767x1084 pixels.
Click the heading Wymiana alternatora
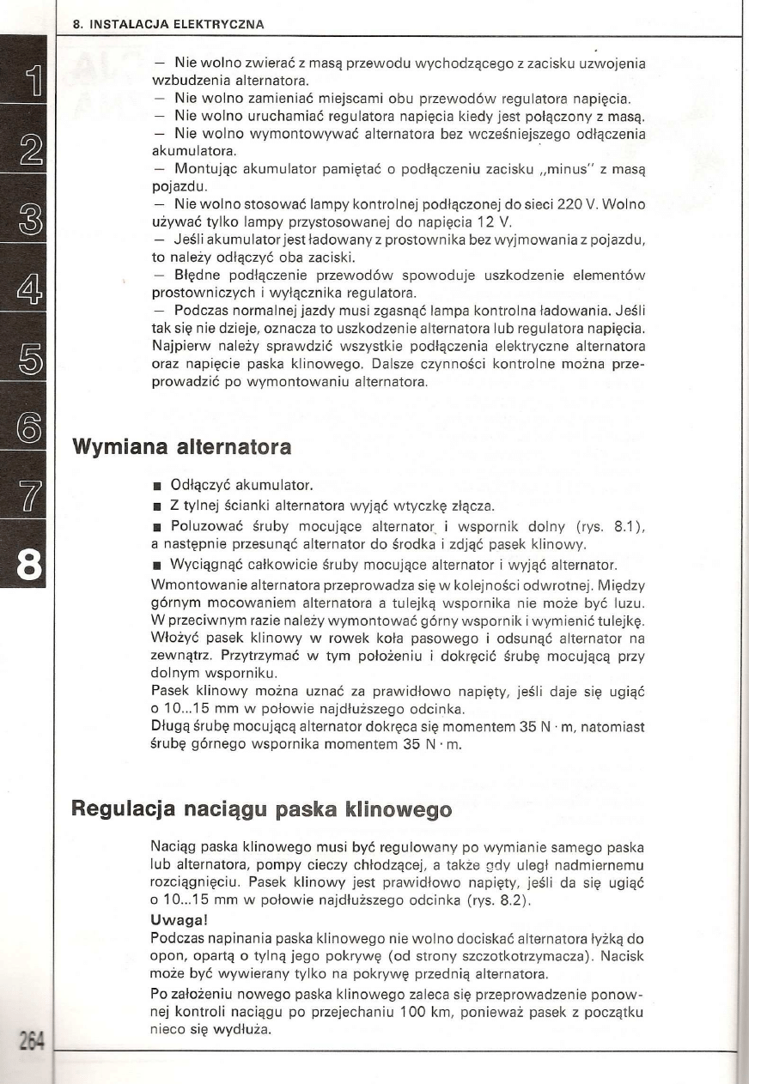[x=181, y=447]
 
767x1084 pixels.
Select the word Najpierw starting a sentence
[x=177, y=345]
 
